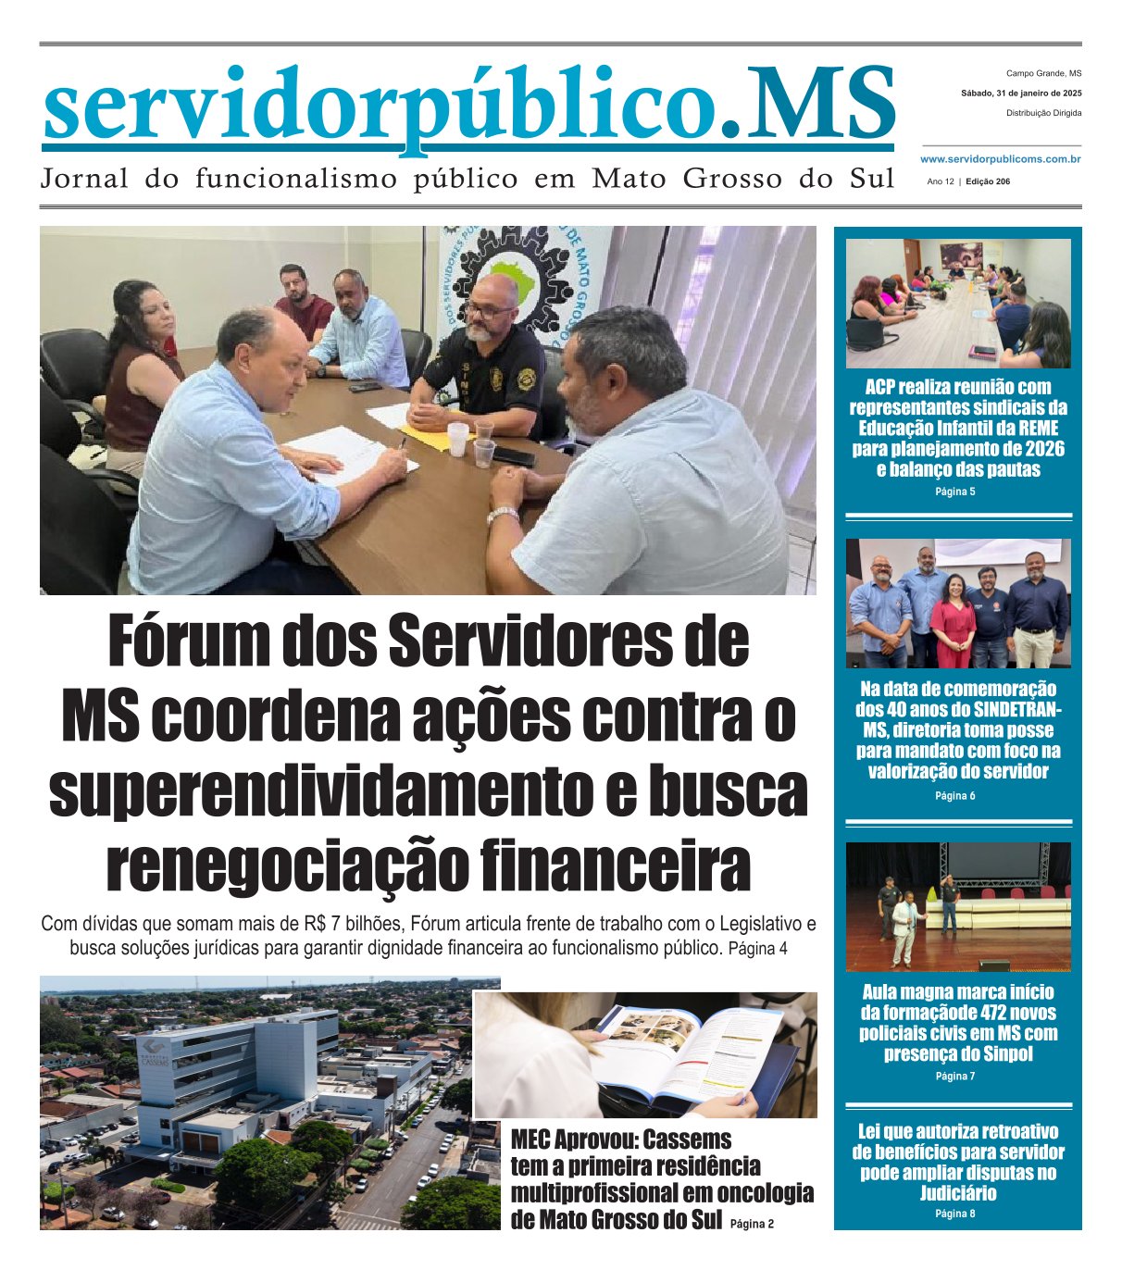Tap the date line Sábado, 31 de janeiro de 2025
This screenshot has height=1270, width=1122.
click(1021, 93)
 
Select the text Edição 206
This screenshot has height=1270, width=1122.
click(988, 182)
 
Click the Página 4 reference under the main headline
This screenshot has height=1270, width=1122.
click(758, 950)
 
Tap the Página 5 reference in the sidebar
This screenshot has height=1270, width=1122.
click(955, 492)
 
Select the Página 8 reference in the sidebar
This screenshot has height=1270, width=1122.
click(955, 1214)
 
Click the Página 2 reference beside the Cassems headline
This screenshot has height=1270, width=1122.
click(752, 1224)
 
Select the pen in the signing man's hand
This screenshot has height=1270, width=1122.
click(403, 445)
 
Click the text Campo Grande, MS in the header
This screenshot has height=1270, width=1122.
click(1043, 73)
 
